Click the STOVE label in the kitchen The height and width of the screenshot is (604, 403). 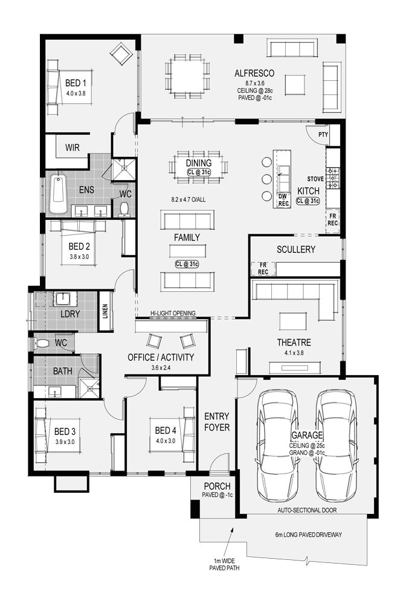pos(315,179)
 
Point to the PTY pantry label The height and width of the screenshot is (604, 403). pos(323,135)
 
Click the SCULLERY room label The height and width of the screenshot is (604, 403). pos(296,249)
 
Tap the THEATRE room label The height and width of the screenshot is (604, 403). pos(294,342)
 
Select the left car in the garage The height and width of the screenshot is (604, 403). pos(278,445)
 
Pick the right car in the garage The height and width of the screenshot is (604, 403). pos(336,445)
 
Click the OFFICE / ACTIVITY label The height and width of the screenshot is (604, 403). pos(161,358)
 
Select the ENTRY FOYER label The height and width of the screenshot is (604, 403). pos(216,422)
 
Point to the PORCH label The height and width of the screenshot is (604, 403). pos(218,486)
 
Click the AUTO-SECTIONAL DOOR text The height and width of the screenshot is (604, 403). pos(307,510)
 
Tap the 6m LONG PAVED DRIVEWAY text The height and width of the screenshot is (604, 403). pos(308,535)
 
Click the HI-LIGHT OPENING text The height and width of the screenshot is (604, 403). pos(173,313)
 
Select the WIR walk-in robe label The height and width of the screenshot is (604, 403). pos(73,147)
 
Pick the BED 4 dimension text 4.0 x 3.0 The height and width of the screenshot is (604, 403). pos(166,441)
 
